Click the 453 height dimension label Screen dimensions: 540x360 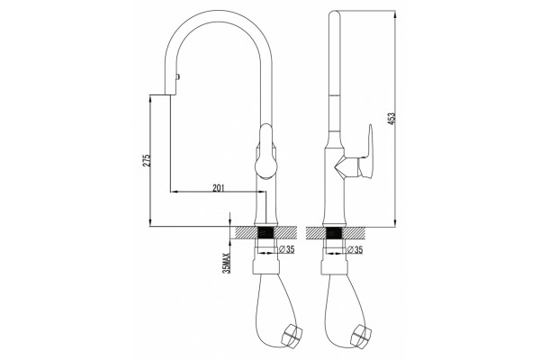click(392, 119)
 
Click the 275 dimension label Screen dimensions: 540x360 click(147, 160)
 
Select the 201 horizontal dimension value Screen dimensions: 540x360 click(219, 188)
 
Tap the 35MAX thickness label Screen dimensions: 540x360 click(226, 263)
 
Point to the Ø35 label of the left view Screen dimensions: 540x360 click(287, 249)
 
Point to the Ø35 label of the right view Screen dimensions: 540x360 click(355, 249)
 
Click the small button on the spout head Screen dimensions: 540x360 click(177, 77)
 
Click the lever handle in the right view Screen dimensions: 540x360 click(366, 152)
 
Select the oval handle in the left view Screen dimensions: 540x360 click(265, 151)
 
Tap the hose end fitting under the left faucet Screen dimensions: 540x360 click(292, 335)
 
